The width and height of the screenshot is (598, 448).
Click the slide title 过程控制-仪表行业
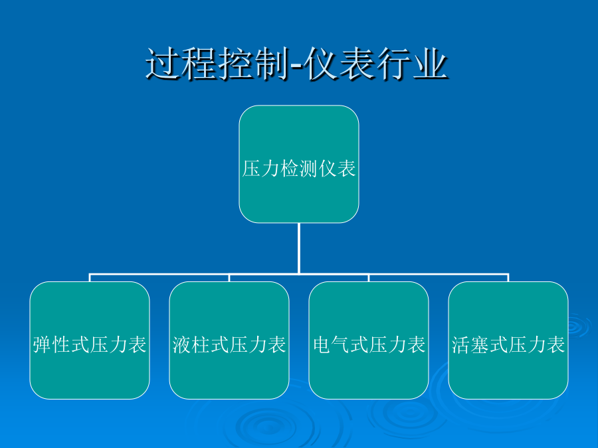click(x=297, y=64)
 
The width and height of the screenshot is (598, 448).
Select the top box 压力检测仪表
click(x=299, y=164)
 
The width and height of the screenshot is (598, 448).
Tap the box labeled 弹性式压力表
click(x=90, y=340)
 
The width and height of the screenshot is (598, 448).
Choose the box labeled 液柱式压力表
click(x=229, y=340)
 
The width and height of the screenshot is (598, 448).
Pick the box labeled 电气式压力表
click(x=369, y=340)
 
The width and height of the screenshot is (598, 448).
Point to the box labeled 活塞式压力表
click(x=508, y=340)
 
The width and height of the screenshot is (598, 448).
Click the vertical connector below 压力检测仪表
click(x=299, y=248)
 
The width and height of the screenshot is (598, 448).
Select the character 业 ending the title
click(x=431, y=64)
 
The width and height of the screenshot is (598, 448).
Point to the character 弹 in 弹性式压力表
click(x=42, y=344)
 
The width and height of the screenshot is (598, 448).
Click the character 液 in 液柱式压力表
click(x=181, y=344)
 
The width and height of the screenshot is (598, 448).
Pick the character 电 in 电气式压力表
click(x=322, y=344)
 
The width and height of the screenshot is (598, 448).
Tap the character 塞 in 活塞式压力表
click(x=480, y=344)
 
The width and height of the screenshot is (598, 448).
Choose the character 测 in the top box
click(x=308, y=169)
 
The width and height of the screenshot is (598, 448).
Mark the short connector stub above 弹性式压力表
click(x=90, y=277)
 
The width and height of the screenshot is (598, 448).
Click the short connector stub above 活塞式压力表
click(x=508, y=277)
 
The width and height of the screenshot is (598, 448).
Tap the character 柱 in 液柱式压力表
click(x=201, y=344)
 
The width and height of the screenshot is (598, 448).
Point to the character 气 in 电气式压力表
click(x=341, y=344)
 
